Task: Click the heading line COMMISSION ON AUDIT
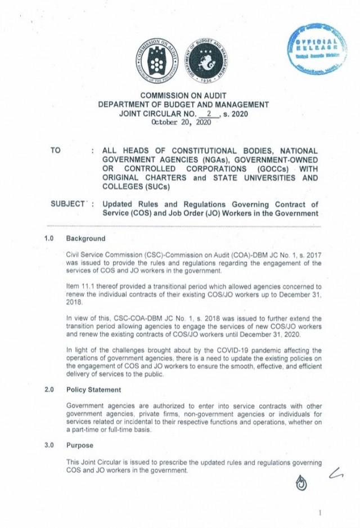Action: (183, 96)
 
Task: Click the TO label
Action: (55, 151)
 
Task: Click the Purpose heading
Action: (80, 445)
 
